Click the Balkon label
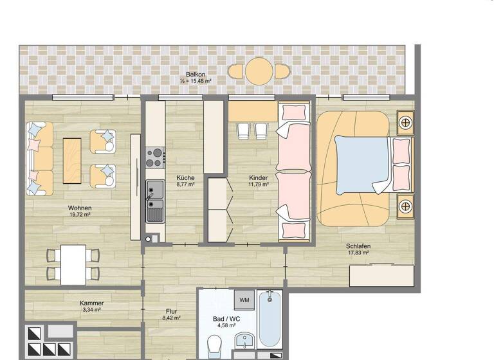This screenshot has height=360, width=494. [196, 74]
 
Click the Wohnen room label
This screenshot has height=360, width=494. [80, 208]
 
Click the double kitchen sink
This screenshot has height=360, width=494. [155, 201]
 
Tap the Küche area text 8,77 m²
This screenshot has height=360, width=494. [185, 184]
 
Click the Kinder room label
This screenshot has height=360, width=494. [259, 177]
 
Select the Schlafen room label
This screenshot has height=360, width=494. [358, 246]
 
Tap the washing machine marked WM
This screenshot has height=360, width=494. [244, 300]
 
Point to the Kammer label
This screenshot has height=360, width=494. [92, 303]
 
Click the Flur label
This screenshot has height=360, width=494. [171, 310]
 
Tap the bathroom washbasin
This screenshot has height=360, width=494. [245, 341]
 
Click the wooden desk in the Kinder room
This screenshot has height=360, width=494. [253, 112]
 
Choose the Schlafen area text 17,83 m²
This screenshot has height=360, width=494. [358, 253]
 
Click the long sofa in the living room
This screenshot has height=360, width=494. [40, 158]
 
